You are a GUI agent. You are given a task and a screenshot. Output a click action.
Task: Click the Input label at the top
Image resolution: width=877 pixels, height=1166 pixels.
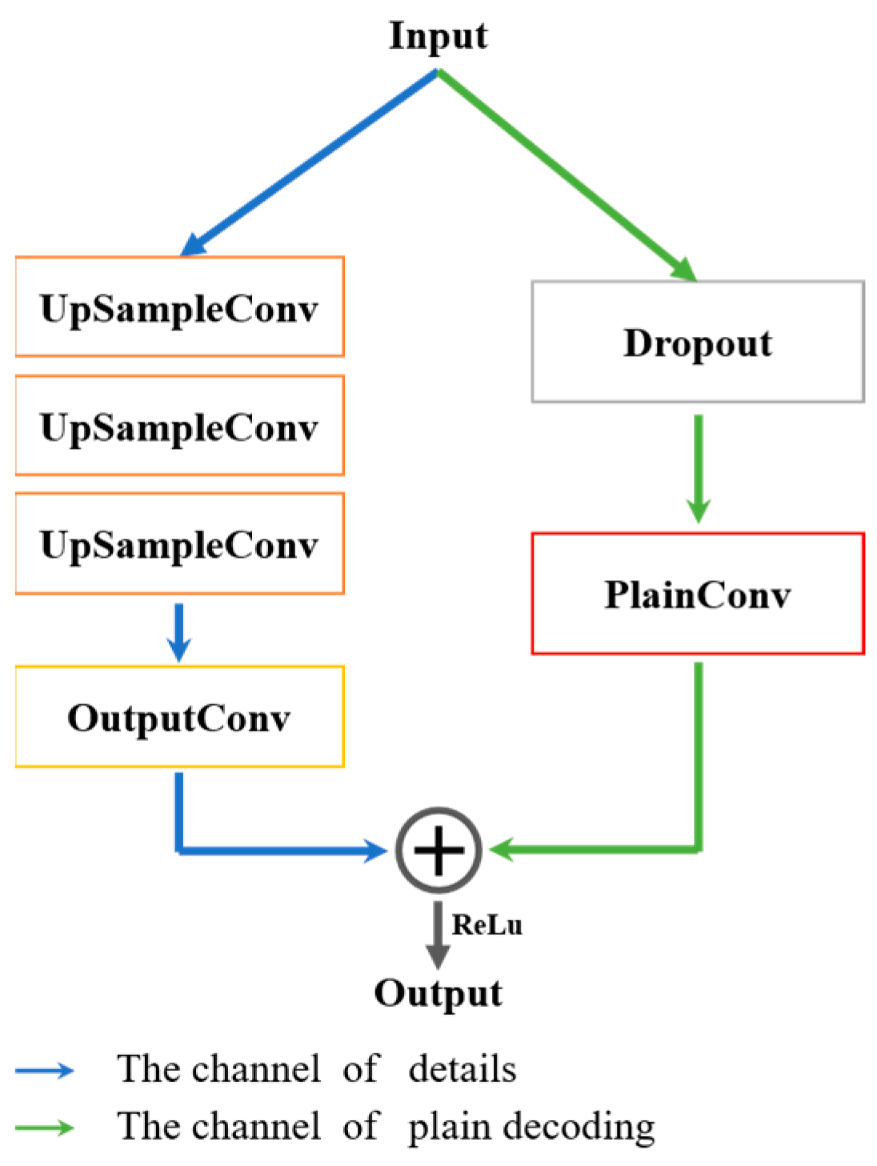[x=438, y=36]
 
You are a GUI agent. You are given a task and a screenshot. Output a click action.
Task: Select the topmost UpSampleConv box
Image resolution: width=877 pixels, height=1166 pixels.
[x=179, y=307]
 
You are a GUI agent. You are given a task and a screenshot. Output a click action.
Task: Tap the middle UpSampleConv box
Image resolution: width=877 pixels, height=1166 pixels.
[x=179, y=425]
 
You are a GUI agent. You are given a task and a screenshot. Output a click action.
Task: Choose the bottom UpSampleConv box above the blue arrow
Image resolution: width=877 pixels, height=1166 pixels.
[x=179, y=543]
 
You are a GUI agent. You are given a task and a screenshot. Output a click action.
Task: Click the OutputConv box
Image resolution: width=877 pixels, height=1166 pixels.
[x=179, y=716]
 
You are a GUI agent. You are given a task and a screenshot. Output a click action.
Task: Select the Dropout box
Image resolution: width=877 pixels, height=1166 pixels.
[x=698, y=342]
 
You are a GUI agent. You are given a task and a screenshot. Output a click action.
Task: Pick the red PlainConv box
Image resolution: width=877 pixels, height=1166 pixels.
[x=698, y=594]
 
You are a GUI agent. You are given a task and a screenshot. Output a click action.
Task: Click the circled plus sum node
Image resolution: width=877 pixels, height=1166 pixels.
[x=438, y=850]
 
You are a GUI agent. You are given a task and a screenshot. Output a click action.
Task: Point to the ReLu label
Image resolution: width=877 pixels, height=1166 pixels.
[x=487, y=924]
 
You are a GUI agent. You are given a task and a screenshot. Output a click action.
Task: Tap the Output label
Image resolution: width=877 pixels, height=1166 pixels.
[x=438, y=993]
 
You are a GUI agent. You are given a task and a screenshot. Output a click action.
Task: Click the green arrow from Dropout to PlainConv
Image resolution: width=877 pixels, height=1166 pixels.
[x=698, y=468]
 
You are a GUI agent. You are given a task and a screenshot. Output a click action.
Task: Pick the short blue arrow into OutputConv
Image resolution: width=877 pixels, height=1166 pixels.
[x=179, y=631]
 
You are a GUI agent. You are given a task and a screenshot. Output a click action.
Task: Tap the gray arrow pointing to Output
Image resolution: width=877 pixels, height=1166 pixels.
[x=438, y=935]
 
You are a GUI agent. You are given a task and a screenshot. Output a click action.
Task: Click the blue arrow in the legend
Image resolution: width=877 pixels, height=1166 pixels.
[x=45, y=1070]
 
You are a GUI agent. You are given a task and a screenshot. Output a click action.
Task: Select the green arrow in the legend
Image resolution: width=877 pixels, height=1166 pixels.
[x=45, y=1128]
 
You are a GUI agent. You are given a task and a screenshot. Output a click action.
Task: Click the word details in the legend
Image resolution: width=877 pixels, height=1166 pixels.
[x=463, y=1069]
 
